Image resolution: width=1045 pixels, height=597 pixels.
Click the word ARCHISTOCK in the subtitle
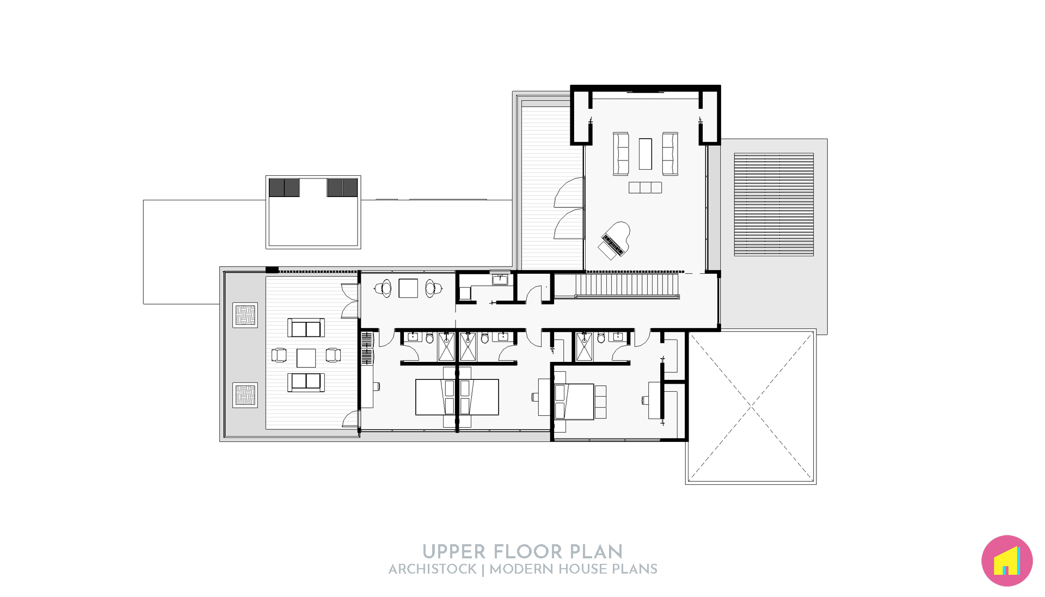pyautogui.click(x=433, y=569)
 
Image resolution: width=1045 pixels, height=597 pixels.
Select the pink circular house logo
pyautogui.click(x=1006, y=561)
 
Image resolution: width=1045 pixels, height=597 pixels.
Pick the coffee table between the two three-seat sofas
pyautogui.click(x=645, y=154)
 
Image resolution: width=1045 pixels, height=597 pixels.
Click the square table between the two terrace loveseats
pyautogui.click(x=306, y=358)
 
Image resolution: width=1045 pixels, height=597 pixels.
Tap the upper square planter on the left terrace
pyautogui.click(x=245, y=315)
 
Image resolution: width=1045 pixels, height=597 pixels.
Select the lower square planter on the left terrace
pyautogui.click(x=245, y=395)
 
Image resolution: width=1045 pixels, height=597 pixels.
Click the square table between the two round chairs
pyautogui.click(x=408, y=288)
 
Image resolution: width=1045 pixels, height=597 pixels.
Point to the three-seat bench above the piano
pyautogui.click(x=645, y=187)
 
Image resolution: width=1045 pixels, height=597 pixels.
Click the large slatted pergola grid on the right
pyautogui.click(x=773, y=205)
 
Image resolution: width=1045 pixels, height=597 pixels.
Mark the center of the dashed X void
pyautogui.click(x=751, y=407)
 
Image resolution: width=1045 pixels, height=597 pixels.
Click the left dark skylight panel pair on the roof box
pyautogui.click(x=284, y=188)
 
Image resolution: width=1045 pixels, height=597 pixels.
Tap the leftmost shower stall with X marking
pyautogui.click(x=446, y=347)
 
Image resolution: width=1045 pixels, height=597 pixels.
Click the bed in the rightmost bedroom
pyautogui.click(x=575, y=402)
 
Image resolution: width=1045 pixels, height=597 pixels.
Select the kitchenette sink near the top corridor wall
pyautogui.click(x=500, y=280)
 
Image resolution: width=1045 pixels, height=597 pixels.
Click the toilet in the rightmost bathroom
pyautogui.click(x=601, y=338)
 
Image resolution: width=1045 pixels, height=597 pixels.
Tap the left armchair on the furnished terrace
pyautogui.click(x=279, y=355)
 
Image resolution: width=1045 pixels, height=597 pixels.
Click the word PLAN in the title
pyautogui.click(x=596, y=552)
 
